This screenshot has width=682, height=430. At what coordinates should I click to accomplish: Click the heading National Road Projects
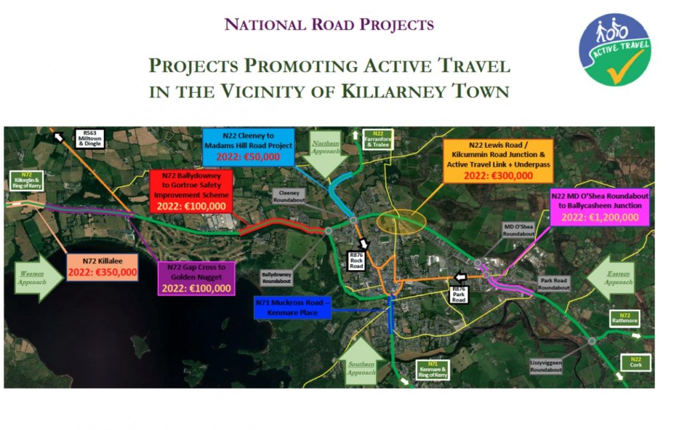point(329,25)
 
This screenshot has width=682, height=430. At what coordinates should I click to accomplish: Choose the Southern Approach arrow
point(363,360)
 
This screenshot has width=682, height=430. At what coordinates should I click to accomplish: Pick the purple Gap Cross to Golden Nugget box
point(196,278)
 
